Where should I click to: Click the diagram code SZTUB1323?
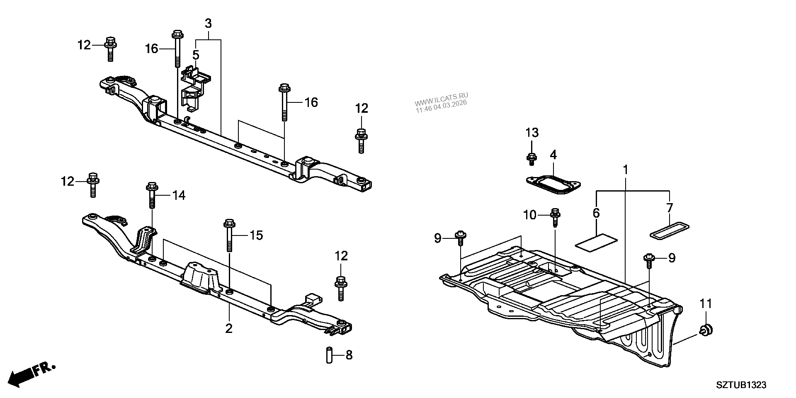[740, 385]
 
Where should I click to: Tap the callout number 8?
[349, 355]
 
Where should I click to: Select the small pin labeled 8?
[330, 355]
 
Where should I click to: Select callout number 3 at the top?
[208, 24]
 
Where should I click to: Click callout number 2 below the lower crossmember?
[229, 329]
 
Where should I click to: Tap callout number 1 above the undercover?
[625, 170]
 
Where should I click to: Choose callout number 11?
[706, 304]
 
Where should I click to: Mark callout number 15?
[256, 235]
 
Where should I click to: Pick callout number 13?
[532, 133]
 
